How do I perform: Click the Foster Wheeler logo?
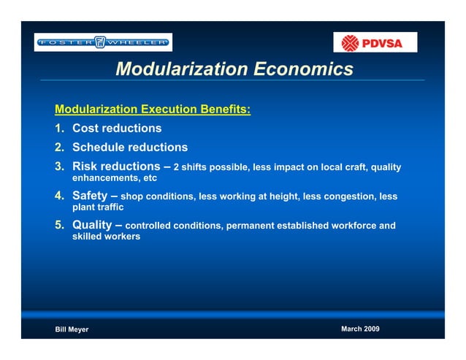[103, 42]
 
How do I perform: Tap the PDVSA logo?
[375, 42]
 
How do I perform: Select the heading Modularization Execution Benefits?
[153, 110]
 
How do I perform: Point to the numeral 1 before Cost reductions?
[58, 129]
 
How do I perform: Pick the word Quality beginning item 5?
[95, 225]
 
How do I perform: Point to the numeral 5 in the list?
[58, 225]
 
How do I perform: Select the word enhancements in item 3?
[102, 177]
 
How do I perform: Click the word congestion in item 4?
[348, 196]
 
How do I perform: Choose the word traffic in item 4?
[110, 207]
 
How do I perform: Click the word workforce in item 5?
[355, 226]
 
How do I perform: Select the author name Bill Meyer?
[72, 329]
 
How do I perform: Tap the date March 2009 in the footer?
[360, 329]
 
